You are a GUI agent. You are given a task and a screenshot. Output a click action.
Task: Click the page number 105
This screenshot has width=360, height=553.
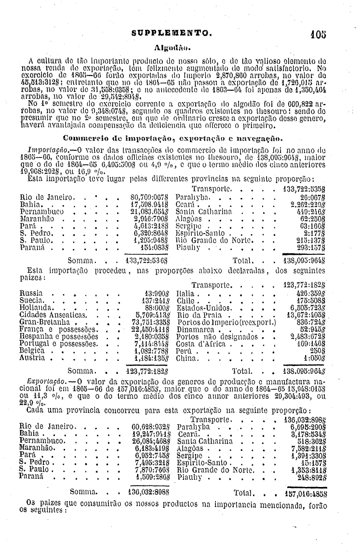pyautogui.click(x=319, y=34)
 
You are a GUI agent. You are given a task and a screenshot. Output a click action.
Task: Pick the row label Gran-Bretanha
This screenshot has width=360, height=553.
pyautogui.click(x=42, y=321)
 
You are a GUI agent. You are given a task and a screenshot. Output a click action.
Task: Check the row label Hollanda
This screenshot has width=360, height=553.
pyautogui.click(x=35, y=307)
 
